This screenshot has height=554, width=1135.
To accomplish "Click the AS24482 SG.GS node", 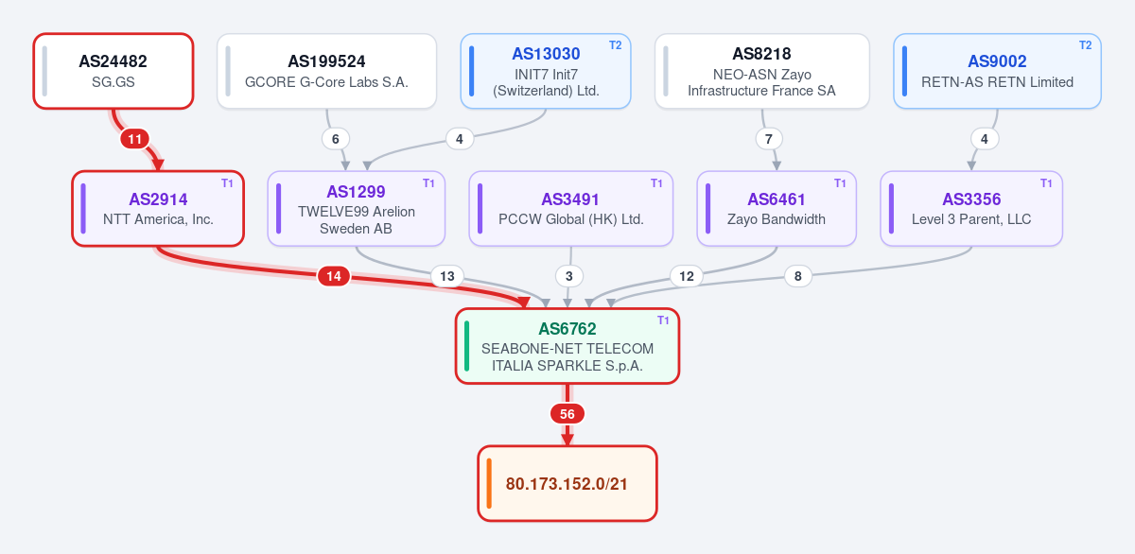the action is pyautogui.click(x=113, y=71).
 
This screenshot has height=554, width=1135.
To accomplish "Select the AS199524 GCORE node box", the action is pyautogui.click(x=327, y=71).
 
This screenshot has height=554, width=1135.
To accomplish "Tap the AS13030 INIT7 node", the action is pyautogui.click(x=546, y=71).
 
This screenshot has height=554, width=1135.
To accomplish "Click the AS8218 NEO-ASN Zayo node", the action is pyautogui.click(x=762, y=71).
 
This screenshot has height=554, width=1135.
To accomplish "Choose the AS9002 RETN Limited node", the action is pyautogui.click(x=997, y=71).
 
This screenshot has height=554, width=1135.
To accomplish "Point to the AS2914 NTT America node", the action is pyautogui.click(x=158, y=209).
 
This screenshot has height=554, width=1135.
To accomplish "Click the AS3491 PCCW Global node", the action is pyautogui.click(x=571, y=209).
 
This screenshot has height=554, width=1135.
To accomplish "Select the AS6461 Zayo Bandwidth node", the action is pyautogui.click(x=777, y=209).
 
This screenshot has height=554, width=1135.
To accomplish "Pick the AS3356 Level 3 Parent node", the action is pyautogui.click(x=971, y=209).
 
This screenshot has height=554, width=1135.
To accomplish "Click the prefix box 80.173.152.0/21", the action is pyautogui.click(x=567, y=484).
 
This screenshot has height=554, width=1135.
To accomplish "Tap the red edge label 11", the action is pyautogui.click(x=134, y=139).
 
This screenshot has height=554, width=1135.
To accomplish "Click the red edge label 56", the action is pyautogui.click(x=567, y=414).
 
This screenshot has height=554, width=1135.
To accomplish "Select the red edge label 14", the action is pyautogui.click(x=333, y=276).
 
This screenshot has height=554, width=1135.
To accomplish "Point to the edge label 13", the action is pyautogui.click(x=446, y=276).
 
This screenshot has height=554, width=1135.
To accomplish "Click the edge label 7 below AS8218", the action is pyautogui.click(x=769, y=139).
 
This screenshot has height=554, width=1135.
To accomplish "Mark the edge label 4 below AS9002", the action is pyautogui.click(x=985, y=139).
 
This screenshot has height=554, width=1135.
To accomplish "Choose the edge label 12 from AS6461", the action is pyautogui.click(x=687, y=276).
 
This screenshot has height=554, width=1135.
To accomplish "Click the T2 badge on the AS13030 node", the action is pyautogui.click(x=615, y=45).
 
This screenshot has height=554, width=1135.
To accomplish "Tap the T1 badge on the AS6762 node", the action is pyautogui.click(x=663, y=320).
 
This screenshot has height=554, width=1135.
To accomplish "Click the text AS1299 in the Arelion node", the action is pyautogui.click(x=356, y=191).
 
